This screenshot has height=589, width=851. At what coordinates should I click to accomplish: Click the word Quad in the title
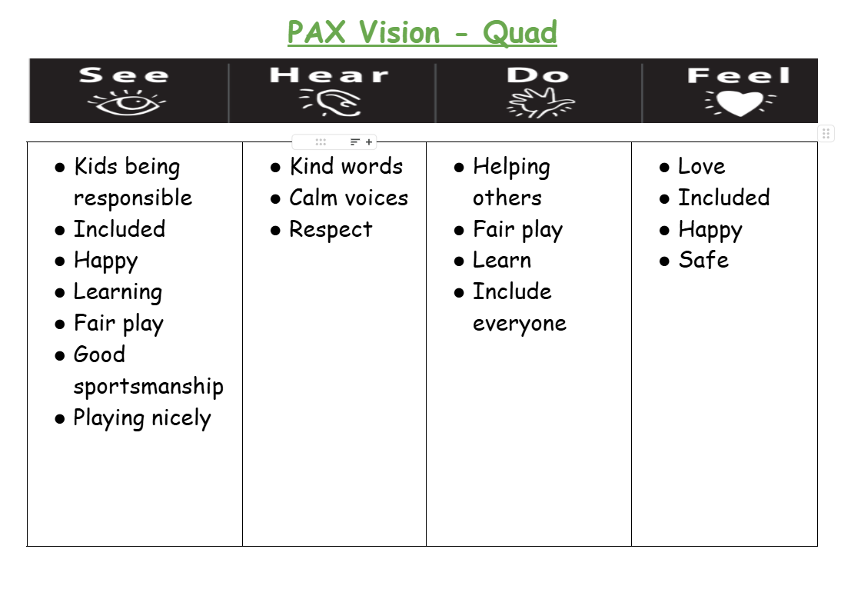pos(520,32)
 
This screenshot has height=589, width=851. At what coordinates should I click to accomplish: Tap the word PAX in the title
pos(316,32)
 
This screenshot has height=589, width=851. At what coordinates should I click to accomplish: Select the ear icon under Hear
pos(331,102)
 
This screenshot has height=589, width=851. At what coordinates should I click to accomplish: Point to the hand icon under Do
pos(540,102)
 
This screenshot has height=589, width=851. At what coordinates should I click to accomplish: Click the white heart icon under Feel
pos(740,102)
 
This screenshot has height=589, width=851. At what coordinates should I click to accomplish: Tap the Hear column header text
pos(330,75)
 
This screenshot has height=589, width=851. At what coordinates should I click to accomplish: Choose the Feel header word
pos(739,75)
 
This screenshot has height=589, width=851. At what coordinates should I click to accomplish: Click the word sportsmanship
pos(148,386)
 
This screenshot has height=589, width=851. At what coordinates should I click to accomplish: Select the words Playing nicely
pos(142,418)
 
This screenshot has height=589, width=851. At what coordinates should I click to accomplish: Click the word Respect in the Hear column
pos(331,230)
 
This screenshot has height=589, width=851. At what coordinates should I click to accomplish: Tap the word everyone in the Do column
pos(520,324)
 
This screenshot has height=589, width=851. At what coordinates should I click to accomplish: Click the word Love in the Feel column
pos(702,166)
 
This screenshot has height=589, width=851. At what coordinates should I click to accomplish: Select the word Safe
pos(703,260)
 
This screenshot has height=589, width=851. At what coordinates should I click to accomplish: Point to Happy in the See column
pos(106,261)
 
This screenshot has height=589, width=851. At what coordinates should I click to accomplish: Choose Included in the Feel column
pos(724,198)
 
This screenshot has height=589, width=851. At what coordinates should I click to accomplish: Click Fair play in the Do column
pos(518,230)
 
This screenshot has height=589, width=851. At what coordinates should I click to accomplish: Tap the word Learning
pos(118,293)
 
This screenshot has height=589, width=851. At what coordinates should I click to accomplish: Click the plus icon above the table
pos(369,142)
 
